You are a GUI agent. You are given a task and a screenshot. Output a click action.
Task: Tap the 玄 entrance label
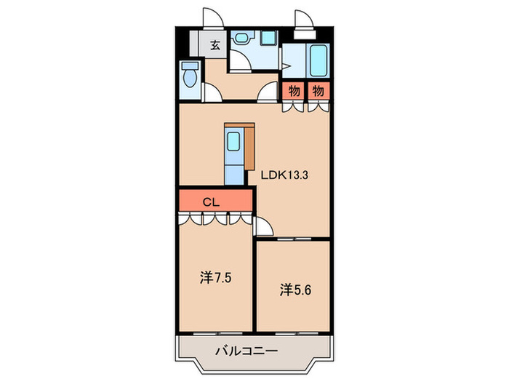point(215,44)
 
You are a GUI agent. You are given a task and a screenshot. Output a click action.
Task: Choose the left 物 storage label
point(294,91)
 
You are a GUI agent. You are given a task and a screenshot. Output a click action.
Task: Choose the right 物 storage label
point(318,91)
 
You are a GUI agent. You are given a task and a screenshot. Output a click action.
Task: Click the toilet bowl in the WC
point(191,76)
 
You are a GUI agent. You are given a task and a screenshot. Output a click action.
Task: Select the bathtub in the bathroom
point(318,60)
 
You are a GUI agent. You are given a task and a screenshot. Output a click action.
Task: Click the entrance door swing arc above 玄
point(209,20)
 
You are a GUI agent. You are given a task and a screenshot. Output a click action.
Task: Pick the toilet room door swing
point(213,93)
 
